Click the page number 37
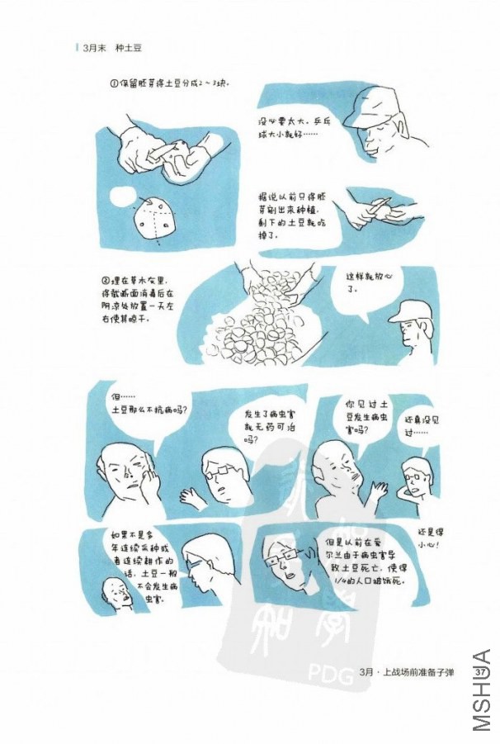tap(484, 674)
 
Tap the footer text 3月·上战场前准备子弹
tap(408, 674)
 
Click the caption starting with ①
tap(169, 85)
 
